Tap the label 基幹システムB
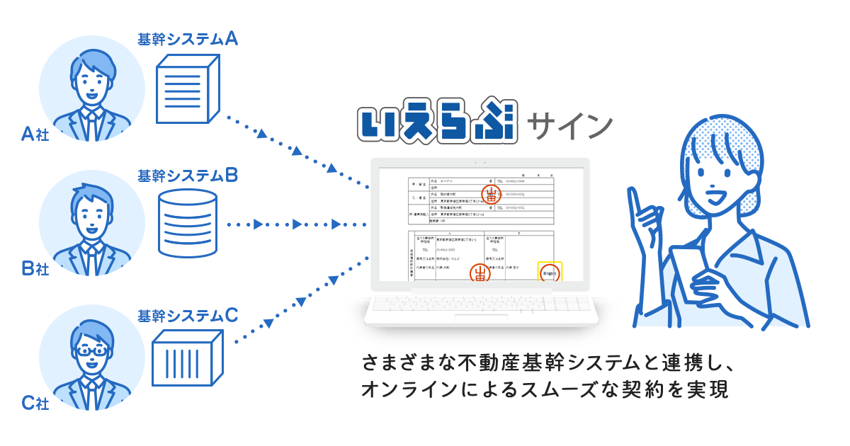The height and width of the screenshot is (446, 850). (187, 175)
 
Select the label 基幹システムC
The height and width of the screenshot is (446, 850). (187, 316)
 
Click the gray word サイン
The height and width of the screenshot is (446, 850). (574, 125)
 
